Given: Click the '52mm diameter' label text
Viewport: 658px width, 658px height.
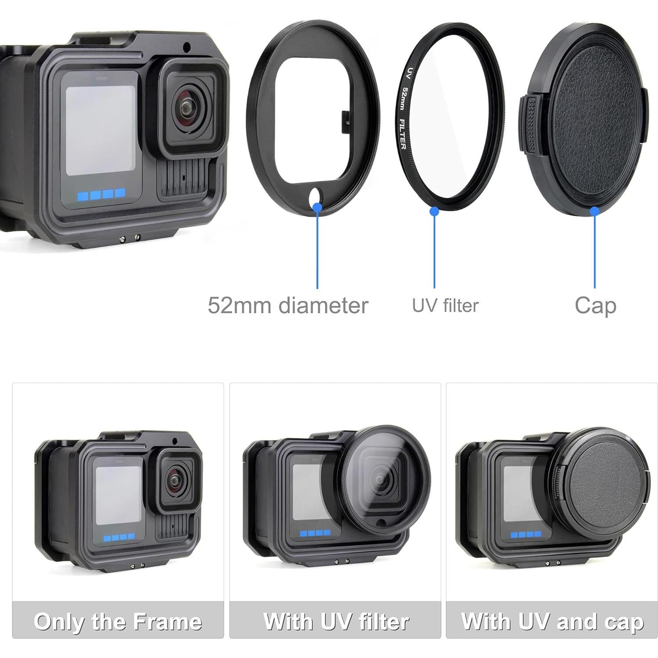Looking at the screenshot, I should (x=288, y=305).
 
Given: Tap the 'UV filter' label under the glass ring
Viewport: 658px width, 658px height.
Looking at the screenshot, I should (x=445, y=306).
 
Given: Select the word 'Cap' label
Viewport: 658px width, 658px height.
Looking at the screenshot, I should (x=595, y=306).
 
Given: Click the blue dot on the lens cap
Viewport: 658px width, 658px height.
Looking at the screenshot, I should (x=594, y=211).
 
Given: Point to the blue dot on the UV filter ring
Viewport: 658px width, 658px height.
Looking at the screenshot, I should (x=434, y=211).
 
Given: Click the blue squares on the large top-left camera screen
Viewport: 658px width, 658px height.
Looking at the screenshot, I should (x=101, y=194).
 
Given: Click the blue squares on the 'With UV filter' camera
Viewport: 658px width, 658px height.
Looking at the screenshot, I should (x=315, y=533).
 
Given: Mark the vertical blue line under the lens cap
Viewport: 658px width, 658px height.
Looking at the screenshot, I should (x=594, y=250).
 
